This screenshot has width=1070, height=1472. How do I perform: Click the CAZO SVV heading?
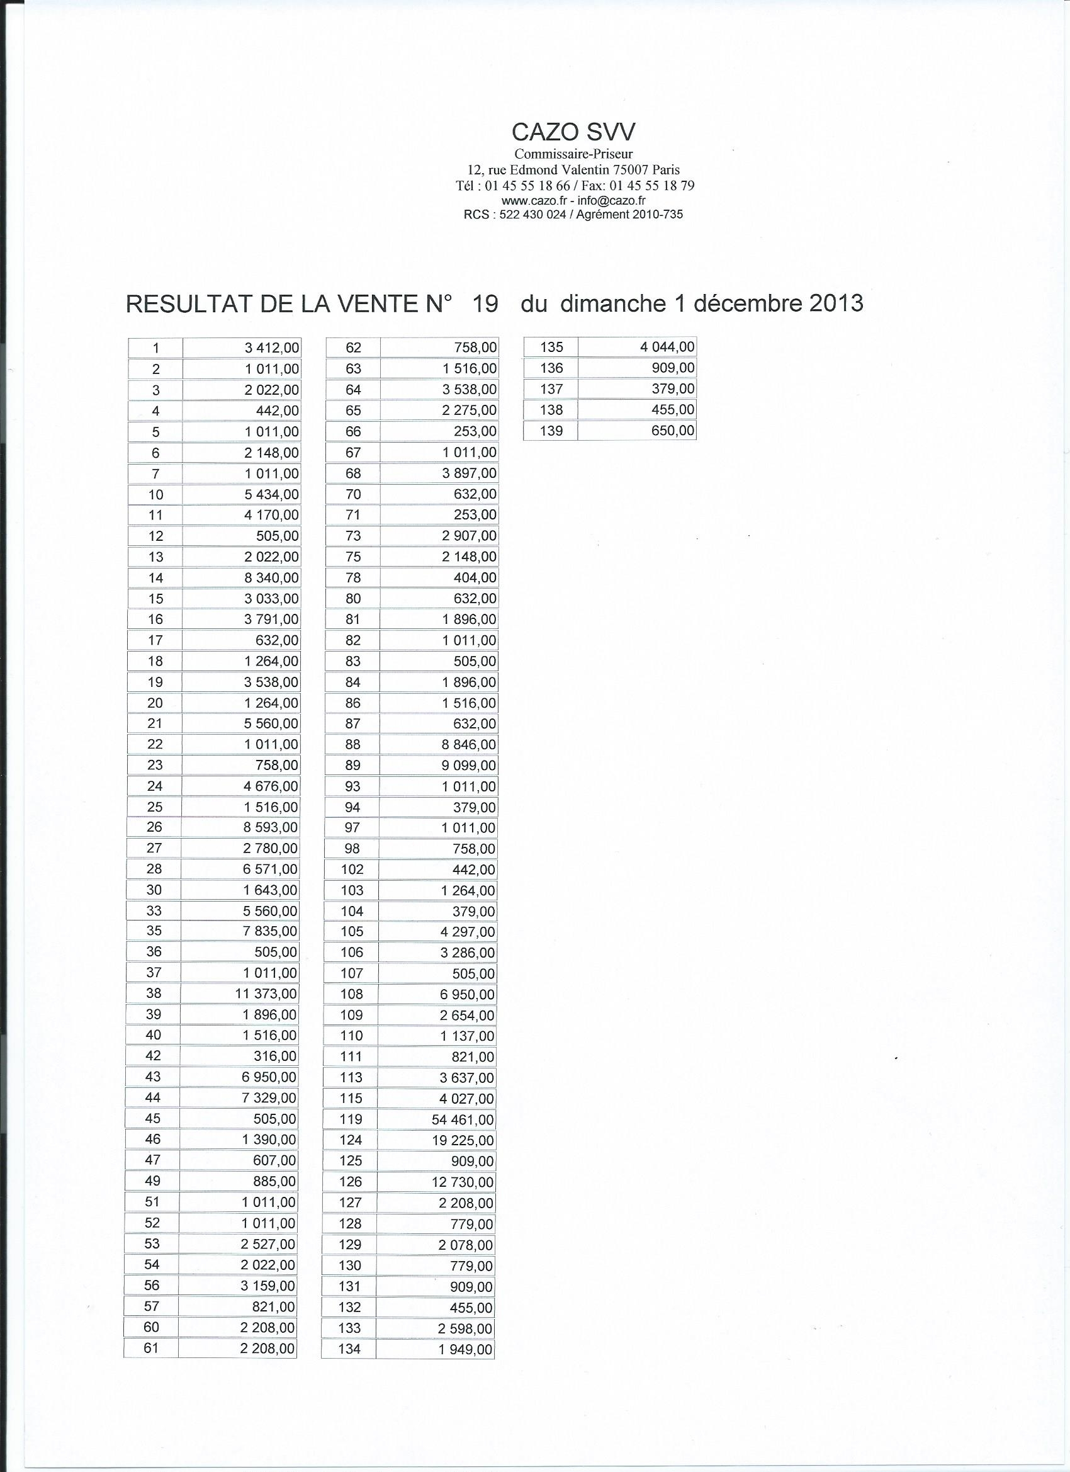573,132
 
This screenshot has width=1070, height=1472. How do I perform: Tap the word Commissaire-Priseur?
573,154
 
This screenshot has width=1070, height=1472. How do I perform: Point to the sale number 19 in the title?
485,303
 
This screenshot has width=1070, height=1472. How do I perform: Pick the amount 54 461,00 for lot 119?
463,1119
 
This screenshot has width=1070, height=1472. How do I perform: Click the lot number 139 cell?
551,431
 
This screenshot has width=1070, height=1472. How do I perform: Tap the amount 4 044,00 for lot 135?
667,348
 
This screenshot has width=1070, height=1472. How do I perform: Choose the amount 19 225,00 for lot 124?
463,1140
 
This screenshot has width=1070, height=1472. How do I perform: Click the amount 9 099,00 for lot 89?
468,766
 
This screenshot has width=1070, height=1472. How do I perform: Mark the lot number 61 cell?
151,1348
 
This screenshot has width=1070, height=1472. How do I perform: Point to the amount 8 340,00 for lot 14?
271,578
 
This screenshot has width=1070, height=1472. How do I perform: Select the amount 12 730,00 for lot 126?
463,1182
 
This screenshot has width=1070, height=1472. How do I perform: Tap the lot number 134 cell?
350,1349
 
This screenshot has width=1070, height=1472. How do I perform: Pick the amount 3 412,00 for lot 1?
272,348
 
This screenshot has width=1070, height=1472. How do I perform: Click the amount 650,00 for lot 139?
673,430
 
